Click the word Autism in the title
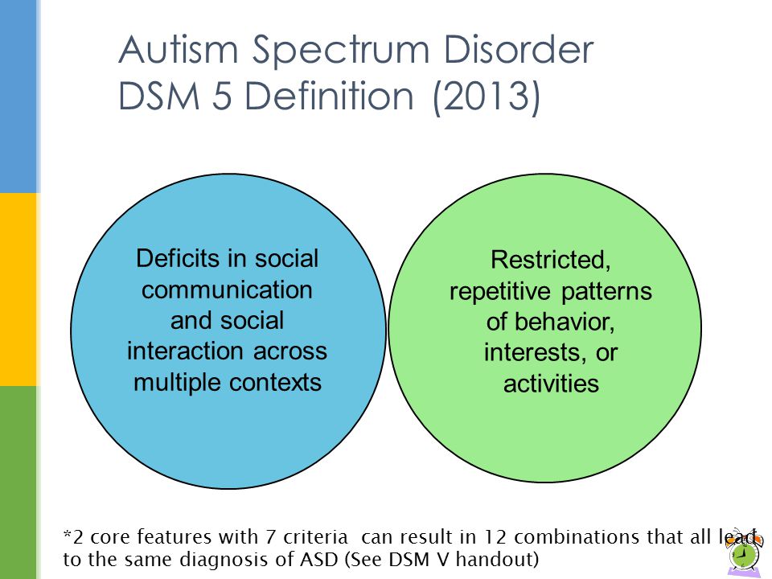[179, 49]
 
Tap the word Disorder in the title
[519, 49]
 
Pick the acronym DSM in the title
[159, 96]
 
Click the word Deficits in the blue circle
[179, 258]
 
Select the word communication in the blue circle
[227, 289]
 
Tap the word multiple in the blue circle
[179, 383]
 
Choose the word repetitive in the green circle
[499, 292]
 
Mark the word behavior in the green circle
[565, 322]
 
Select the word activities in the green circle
[551, 384]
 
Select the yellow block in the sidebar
[18, 289]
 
